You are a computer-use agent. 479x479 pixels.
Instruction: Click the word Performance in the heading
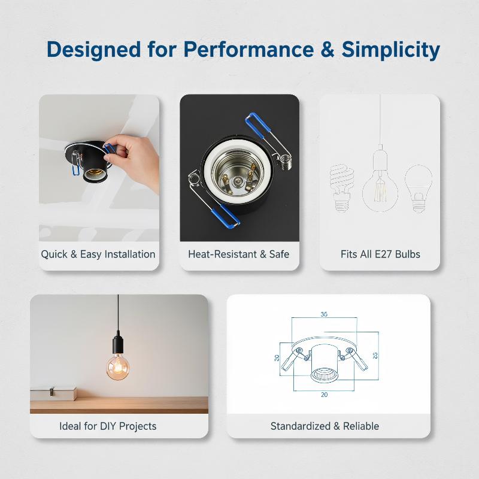(248, 49)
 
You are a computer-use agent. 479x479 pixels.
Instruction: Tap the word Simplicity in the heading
(391, 50)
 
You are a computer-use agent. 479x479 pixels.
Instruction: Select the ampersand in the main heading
(328, 49)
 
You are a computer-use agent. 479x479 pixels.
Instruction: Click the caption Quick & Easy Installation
(98, 254)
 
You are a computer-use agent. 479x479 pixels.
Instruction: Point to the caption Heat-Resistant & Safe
(238, 254)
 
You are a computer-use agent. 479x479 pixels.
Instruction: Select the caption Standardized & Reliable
(325, 426)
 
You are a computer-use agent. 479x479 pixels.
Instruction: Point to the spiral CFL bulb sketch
(341, 187)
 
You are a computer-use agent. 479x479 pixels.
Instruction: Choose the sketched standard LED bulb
(418, 189)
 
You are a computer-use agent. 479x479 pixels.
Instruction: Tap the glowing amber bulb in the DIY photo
(118, 367)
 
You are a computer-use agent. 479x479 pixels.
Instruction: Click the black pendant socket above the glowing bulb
(118, 344)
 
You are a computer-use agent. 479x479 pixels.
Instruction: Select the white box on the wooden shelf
(53, 394)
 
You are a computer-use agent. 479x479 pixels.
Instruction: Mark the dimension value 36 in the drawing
(324, 314)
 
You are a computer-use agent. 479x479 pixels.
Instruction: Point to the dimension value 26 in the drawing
(375, 355)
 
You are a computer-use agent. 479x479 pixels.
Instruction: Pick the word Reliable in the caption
(361, 426)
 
